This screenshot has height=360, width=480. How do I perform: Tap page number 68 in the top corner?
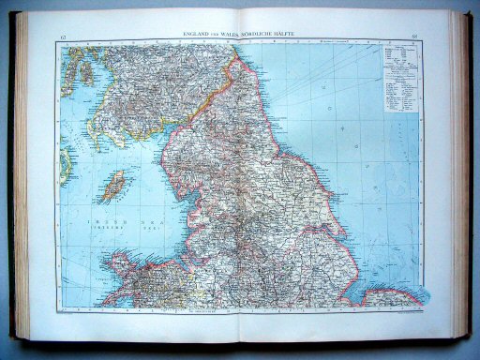413,36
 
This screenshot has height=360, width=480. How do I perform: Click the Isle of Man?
115,185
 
